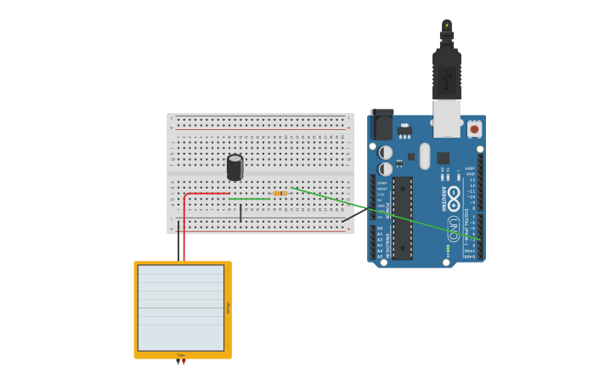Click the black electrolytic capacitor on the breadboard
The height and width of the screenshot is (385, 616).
pyautogui.click(x=235, y=167)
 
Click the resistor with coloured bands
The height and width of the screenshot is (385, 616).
pyautogui.click(x=280, y=193)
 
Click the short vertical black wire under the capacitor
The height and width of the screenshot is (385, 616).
pyautogui.click(x=240, y=212)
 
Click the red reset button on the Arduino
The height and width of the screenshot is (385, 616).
pyautogui.click(x=474, y=129)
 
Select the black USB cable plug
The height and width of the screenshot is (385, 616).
pyautogui.click(x=447, y=72)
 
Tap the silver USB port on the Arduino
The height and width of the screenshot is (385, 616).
pyautogui.click(x=447, y=118)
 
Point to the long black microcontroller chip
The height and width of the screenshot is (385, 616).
pyautogui.click(x=402, y=218)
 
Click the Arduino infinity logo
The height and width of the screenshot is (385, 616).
pyautogui.click(x=454, y=199)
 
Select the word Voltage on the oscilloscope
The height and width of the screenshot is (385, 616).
pyautogui.click(x=228, y=308)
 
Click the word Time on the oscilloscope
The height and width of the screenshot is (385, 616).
pyautogui.click(x=181, y=355)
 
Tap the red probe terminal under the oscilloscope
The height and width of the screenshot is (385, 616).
pyautogui.click(x=184, y=362)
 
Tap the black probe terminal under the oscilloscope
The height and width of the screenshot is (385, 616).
pyautogui.click(x=178, y=362)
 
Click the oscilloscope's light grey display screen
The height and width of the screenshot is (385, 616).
pyautogui.click(x=181, y=308)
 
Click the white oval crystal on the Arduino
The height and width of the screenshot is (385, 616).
pyautogui.click(x=425, y=156)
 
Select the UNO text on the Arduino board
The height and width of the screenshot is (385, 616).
pyautogui.click(x=454, y=228)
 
